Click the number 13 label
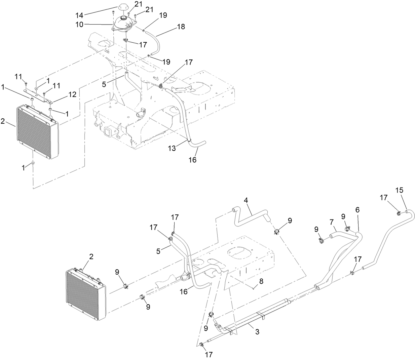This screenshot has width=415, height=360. (172, 149)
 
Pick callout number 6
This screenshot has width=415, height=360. (357, 210)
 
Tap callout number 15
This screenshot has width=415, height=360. (399, 190)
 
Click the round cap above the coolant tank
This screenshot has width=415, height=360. (121, 8)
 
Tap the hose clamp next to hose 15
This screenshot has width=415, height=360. (399, 212)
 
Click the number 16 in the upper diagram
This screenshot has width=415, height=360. (192, 160)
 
